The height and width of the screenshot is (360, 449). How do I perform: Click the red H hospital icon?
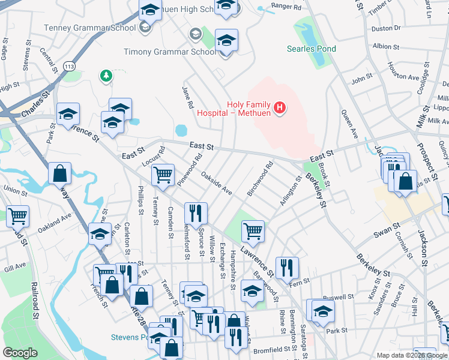click(279, 108)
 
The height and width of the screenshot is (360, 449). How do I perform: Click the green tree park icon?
click(106, 75)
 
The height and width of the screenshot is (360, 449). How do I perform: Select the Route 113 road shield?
click(68, 64)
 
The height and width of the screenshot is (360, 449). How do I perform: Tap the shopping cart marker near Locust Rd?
click(163, 175)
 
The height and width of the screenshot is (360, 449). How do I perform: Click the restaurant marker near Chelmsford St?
click(196, 213)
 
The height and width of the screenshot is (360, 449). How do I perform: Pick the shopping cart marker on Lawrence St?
click(253, 231)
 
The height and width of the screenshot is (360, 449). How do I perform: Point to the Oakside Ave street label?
click(217, 184)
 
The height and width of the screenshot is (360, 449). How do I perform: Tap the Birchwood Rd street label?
click(260, 178)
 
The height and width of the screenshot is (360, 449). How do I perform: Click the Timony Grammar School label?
click(170, 52)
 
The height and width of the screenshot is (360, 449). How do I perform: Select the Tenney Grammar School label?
click(89, 28)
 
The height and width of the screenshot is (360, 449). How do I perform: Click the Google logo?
click(20, 353)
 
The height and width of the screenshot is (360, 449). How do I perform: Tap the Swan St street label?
click(387, 229)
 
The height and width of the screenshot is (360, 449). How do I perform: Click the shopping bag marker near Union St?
click(60, 175)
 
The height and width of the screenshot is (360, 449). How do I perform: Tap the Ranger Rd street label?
click(285, 7)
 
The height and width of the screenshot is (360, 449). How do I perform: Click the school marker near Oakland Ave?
click(100, 235)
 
